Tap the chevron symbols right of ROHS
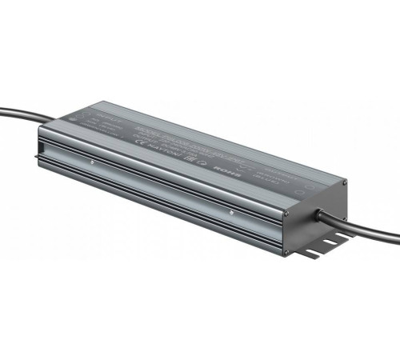[241, 170]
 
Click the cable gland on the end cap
[322, 214]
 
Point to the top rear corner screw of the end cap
[345, 183]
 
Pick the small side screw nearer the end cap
[231, 212]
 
